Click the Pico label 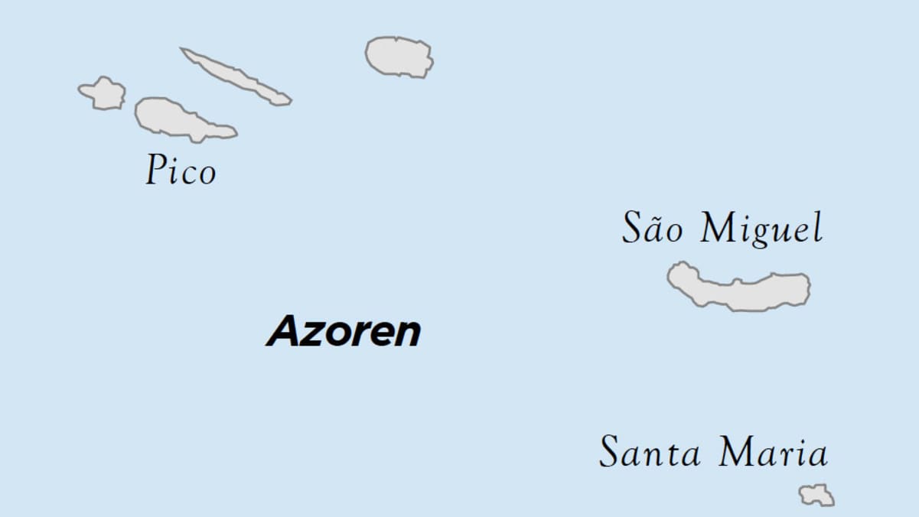tap(181, 170)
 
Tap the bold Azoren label tap(344, 332)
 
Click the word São tap(652, 229)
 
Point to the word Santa tap(650, 452)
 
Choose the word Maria tap(773, 452)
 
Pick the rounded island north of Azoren tap(399, 57)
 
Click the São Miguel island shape tap(739, 288)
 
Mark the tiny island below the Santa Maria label tap(817, 495)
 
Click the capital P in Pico tap(156, 170)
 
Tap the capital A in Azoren tap(283, 332)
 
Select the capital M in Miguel tap(717, 228)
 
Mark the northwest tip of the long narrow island tap(184, 50)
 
